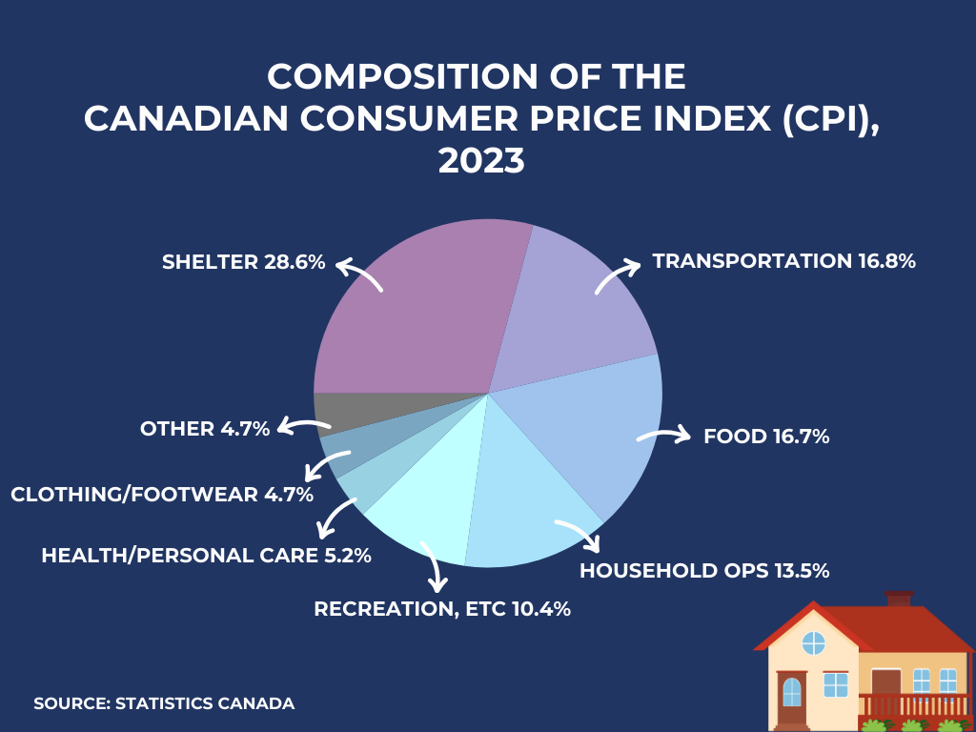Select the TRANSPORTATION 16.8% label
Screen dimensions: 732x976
[x=783, y=261]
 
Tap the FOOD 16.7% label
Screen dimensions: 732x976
[x=766, y=437]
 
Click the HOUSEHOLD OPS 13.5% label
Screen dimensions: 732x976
[x=704, y=571]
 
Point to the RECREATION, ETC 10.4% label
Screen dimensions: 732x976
[x=442, y=609]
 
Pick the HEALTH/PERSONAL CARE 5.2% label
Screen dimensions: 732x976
[x=206, y=555]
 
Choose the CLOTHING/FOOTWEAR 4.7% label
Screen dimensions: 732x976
[x=162, y=495]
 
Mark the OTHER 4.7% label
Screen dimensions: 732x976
[x=205, y=429]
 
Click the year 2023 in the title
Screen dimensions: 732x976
[x=481, y=160]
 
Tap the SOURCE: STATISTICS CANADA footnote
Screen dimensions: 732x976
[x=164, y=703]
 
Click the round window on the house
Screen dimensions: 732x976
[x=813, y=643]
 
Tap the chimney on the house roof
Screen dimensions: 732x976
[x=899, y=599]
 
